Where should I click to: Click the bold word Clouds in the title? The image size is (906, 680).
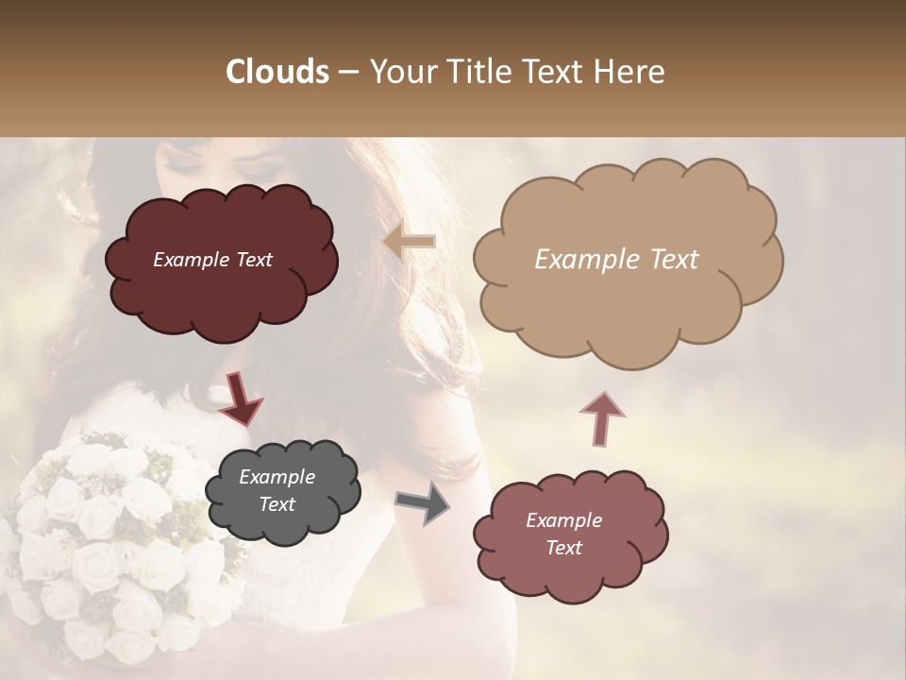click(277, 72)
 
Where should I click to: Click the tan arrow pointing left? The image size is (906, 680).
click(409, 242)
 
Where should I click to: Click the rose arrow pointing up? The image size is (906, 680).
click(602, 417)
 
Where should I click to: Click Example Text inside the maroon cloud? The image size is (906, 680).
click(212, 260)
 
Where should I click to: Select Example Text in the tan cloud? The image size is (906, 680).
click(616, 260)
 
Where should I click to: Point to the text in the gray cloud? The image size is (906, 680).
click(277, 491)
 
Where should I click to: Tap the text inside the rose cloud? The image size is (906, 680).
click(563, 534)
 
